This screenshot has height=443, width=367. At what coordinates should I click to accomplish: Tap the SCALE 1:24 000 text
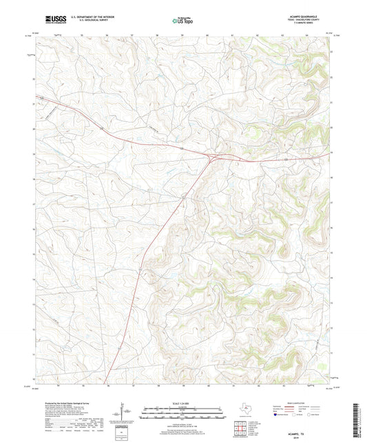pyautogui.click(x=183, y=403)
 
